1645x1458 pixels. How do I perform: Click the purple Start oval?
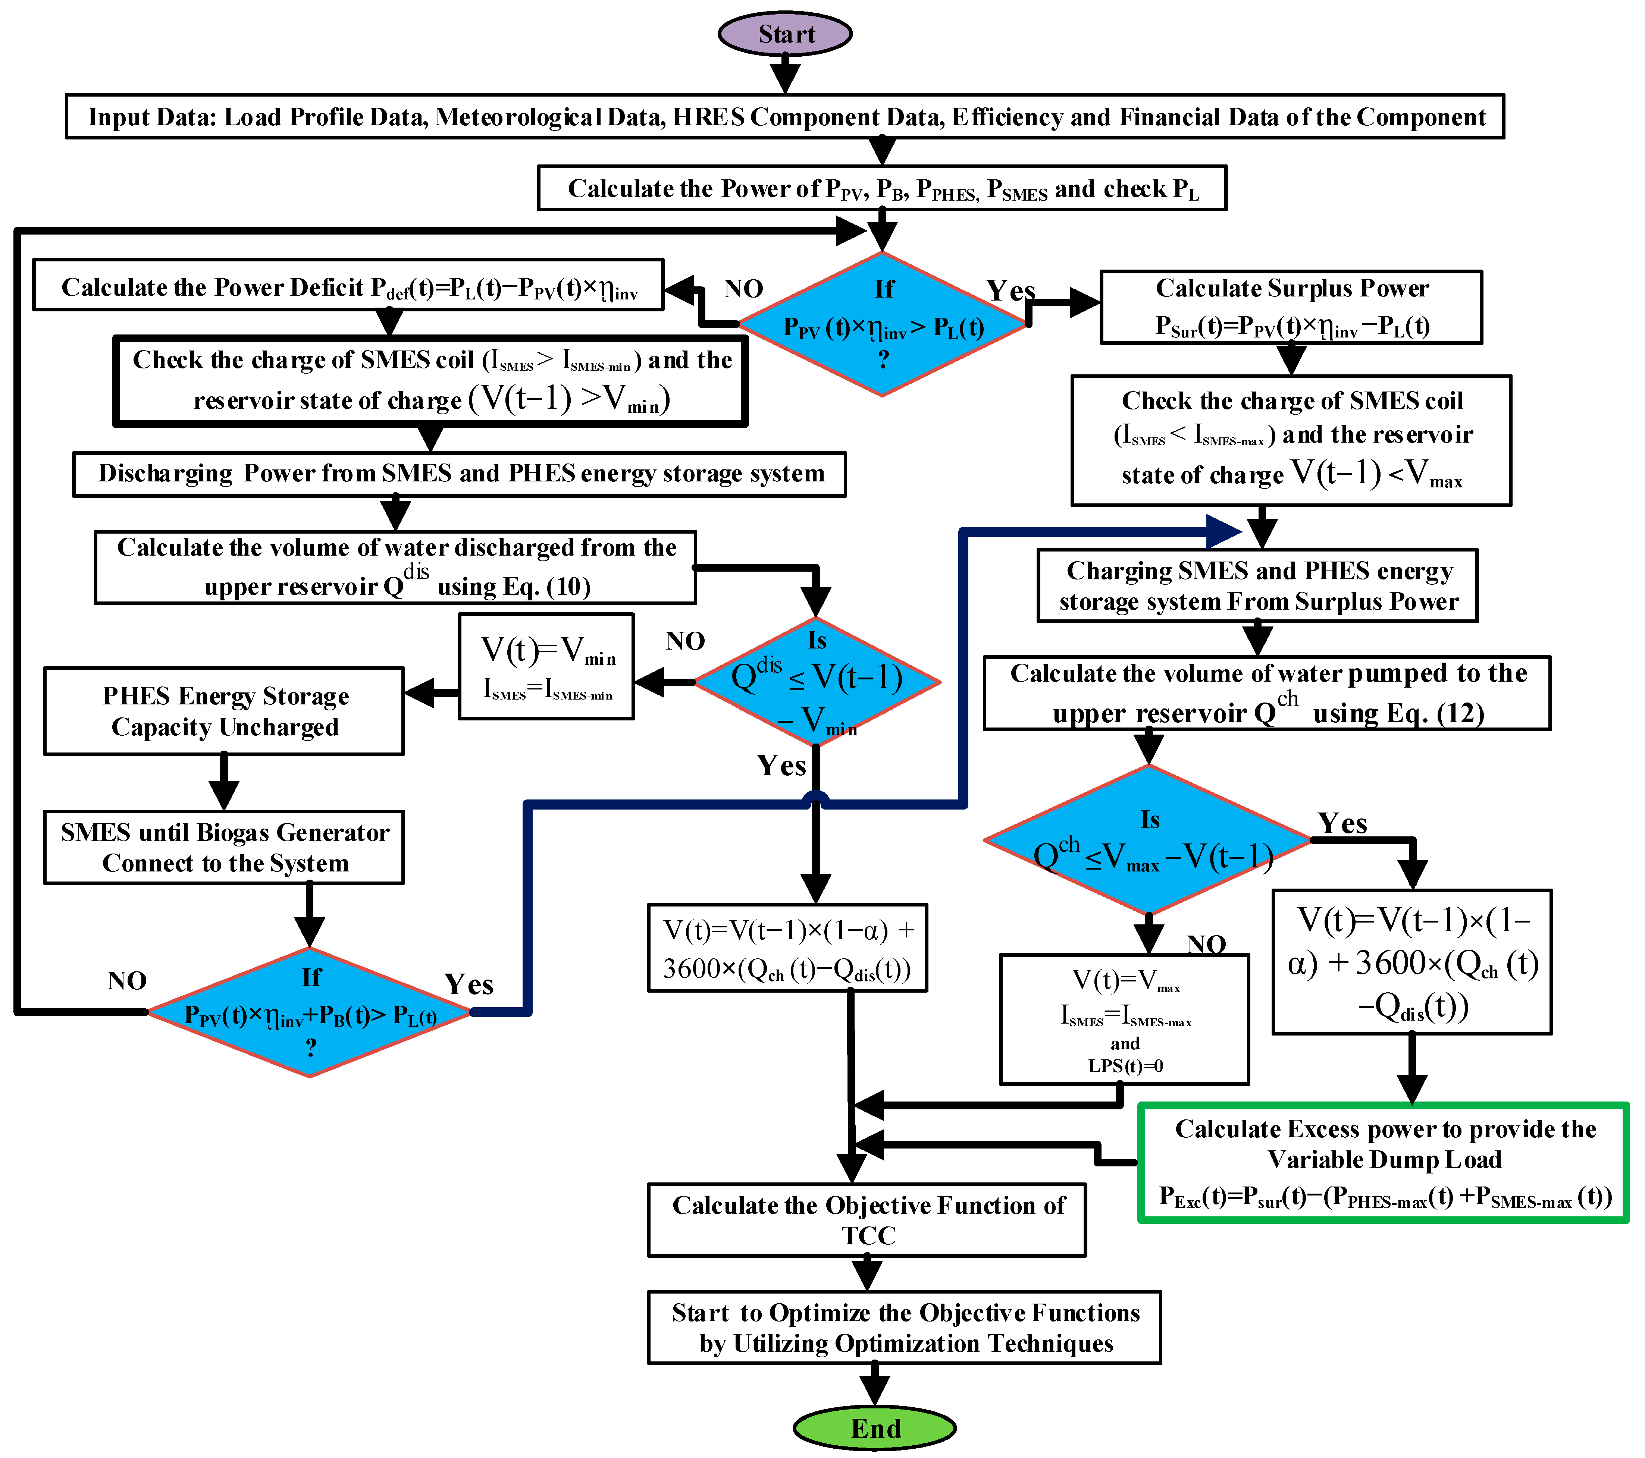785,34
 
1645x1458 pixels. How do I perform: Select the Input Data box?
785,117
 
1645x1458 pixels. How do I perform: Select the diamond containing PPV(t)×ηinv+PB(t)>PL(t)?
310,1012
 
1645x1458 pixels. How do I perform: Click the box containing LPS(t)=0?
1124,1019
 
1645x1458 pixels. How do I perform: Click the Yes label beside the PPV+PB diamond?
469,984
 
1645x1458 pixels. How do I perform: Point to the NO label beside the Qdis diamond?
685,641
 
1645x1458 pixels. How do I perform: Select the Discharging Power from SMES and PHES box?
460,474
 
